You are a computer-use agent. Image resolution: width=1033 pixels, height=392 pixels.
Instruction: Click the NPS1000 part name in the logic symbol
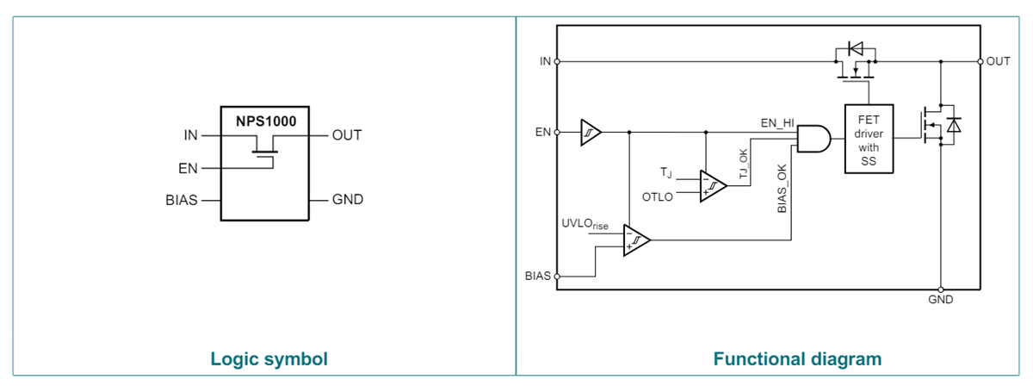(266, 121)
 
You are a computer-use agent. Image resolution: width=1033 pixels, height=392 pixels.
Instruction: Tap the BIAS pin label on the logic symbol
(182, 200)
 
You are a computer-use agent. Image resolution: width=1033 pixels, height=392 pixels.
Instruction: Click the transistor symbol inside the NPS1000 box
(265, 155)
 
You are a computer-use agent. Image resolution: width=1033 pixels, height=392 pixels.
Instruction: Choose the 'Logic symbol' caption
(269, 358)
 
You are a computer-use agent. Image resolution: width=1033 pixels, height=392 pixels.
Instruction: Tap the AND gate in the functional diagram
(814, 138)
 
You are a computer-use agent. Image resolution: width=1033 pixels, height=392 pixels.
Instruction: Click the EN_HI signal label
(777, 123)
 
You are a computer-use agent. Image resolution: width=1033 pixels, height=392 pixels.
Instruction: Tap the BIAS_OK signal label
(782, 190)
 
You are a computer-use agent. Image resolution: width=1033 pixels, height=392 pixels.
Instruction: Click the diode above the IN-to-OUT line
(855, 49)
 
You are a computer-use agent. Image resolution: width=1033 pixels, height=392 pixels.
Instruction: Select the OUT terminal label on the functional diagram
(999, 61)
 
